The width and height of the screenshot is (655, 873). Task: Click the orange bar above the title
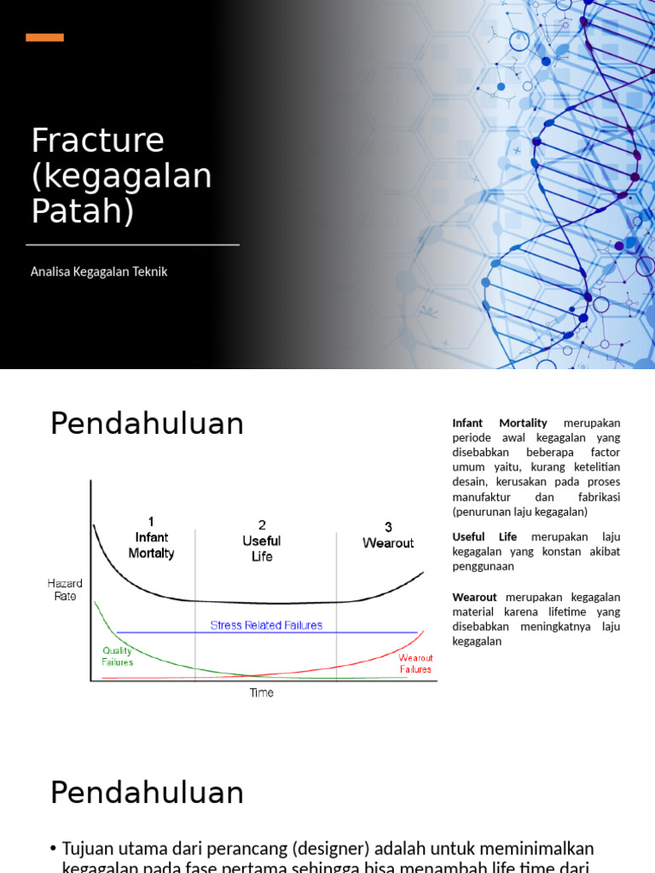tap(44, 38)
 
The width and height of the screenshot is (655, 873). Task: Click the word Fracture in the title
tap(97, 141)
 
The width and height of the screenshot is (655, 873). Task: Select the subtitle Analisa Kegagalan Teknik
tap(99, 272)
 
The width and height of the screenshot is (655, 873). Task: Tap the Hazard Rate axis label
tap(65, 590)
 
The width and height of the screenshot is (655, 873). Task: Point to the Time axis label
tap(262, 693)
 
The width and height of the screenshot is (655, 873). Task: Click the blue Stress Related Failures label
tap(266, 626)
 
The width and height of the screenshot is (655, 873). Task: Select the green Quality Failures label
tap(118, 656)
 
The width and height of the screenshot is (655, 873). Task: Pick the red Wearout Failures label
tap(415, 663)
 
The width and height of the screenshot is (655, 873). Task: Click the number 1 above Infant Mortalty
tap(151, 521)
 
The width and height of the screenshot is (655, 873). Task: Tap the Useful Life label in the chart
tap(262, 548)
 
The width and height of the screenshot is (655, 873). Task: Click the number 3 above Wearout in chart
tap(388, 527)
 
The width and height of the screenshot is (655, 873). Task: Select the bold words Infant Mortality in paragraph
tap(500, 423)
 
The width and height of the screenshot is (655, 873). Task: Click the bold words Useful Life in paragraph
tap(484, 537)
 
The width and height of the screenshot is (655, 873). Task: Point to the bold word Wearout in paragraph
tap(475, 597)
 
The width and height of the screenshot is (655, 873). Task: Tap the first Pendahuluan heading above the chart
tap(147, 424)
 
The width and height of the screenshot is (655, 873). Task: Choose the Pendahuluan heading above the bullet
tap(147, 793)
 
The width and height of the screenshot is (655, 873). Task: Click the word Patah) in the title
tap(83, 211)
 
